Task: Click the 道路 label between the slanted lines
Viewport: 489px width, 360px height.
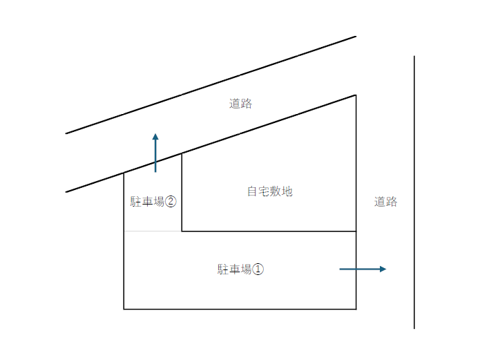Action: (240, 104)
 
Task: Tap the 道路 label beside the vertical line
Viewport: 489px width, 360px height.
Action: (386, 202)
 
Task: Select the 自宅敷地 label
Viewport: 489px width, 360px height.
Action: (270, 191)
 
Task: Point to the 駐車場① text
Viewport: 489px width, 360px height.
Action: (240, 269)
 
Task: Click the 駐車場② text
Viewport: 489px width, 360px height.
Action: (153, 202)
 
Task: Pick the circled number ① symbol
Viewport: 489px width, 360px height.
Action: (258, 269)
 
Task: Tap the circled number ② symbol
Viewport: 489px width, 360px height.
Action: (171, 202)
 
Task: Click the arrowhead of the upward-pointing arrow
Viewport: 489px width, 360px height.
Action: (155, 136)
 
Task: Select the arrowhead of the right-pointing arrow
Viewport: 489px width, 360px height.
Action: (383, 269)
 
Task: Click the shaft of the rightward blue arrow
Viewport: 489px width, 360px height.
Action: (360, 269)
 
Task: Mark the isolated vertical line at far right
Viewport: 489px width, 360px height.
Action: (414, 192)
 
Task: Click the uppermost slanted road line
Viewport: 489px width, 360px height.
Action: (211, 85)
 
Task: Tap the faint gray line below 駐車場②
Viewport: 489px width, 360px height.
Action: (153, 231)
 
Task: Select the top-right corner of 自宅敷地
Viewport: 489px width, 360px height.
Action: (356, 95)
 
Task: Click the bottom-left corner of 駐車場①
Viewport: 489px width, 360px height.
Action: (124, 309)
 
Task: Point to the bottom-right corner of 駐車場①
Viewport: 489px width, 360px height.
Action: (356, 309)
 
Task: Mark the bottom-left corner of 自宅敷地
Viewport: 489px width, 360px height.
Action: (182, 231)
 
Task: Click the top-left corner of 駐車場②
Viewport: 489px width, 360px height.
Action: (124, 173)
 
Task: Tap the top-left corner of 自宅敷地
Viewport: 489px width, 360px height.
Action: (182, 153)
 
